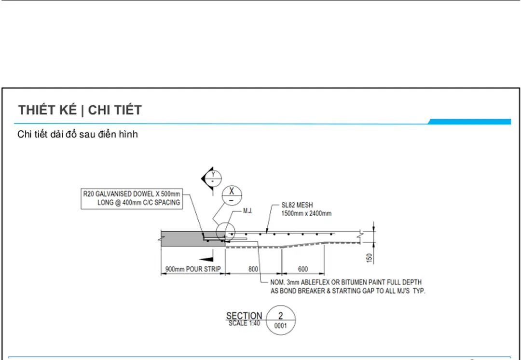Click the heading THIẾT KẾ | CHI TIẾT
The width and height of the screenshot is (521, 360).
[80, 110]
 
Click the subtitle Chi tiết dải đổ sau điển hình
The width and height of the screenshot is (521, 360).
[77, 135]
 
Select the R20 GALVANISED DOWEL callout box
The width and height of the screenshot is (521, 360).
[132, 198]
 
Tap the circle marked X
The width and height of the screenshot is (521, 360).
[232, 195]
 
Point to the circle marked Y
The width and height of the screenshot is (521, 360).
[213, 178]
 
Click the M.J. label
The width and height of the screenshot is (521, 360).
[248, 211]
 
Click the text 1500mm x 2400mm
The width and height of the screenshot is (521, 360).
[306, 213]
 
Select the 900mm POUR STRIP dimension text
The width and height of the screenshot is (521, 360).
[193, 269]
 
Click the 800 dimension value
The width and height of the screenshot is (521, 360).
[253, 269]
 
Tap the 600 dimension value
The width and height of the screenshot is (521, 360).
[302, 269]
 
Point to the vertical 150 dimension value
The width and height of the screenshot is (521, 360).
[370, 258]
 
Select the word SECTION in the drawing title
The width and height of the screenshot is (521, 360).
[244, 316]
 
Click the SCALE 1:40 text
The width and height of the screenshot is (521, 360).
[244, 323]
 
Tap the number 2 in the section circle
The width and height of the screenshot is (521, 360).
[281, 316]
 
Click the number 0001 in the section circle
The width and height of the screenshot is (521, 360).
[281, 326]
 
